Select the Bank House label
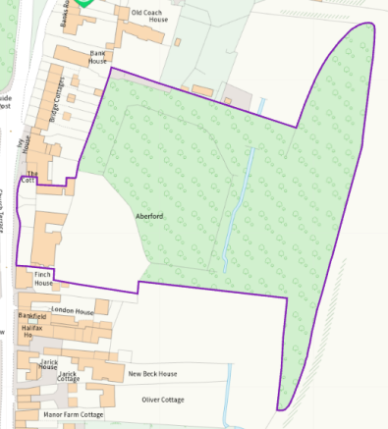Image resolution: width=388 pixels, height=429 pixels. pos(97,57)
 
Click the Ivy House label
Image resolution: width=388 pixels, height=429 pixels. pos(26,146)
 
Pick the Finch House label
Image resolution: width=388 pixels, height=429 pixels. pos(43,278)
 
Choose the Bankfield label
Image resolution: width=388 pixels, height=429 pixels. pos(31,317)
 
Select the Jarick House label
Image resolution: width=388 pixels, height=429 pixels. pos(48,365)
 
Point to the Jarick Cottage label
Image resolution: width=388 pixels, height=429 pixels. pos(75,377)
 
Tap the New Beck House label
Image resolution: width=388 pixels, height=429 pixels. pos(152,374)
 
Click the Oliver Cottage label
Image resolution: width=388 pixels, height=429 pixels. pos(162,400)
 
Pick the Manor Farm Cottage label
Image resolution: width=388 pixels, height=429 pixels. pos(74,414)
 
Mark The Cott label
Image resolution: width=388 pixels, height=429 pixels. pos(30,178)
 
